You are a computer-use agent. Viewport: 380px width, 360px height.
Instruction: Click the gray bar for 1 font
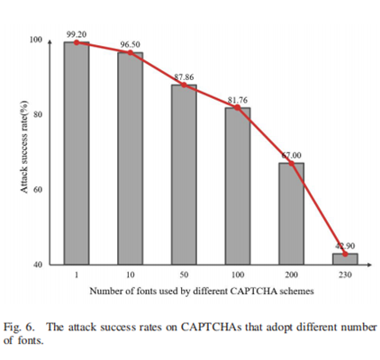coord(77,153)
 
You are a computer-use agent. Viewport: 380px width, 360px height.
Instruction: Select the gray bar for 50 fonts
coord(184,175)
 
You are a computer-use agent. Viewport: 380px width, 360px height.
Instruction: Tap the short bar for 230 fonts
coord(345,259)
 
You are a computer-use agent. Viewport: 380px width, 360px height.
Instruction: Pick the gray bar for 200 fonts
coord(291,213)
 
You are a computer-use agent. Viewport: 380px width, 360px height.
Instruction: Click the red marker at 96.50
coord(131,53)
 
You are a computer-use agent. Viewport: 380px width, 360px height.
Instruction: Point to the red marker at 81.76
coord(238,107)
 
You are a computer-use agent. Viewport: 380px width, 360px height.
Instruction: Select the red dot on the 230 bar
coord(345,254)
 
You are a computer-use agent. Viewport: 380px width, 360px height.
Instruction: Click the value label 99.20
coord(77,34)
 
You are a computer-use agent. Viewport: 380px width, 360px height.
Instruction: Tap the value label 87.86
coord(184,77)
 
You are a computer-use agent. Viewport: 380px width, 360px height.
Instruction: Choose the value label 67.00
coord(292,156)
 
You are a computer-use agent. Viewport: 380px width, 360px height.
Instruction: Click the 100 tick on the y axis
coord(36,40)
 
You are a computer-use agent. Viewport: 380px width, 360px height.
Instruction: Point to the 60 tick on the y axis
coord(38,190)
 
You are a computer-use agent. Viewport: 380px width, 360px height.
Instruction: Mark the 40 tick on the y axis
coord(38,265)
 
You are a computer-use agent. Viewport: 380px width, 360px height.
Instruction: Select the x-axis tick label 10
coord(131,274)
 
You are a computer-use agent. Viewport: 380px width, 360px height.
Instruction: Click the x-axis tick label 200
coord(291,274)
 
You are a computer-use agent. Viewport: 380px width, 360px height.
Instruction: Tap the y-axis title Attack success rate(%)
coord(24,147)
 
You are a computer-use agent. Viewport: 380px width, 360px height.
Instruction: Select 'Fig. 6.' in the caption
coord(19,328)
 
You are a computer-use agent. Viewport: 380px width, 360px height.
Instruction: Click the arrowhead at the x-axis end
coord(369,265)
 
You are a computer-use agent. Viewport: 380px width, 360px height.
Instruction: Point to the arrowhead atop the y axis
coord(50,42)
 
